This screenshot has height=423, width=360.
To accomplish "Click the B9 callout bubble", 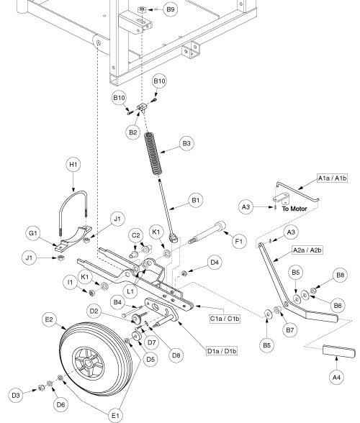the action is pos(171,9).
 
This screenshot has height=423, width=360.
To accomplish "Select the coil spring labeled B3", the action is pos(153,153).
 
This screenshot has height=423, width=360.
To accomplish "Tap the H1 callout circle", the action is pos(73,165).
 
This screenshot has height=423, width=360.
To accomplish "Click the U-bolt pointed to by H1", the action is pos(73,212).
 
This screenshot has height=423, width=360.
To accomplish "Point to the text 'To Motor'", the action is pos(294,209).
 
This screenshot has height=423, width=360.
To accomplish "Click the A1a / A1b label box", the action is pos(332,178).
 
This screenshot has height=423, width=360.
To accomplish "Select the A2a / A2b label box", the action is pos(307,250).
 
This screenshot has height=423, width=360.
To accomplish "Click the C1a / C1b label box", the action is pos(225,319).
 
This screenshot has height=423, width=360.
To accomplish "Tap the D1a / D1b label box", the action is pos(222,351).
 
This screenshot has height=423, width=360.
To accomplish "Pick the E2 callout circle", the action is pos(49,319).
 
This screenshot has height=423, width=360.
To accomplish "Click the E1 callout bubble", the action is pos(116,416).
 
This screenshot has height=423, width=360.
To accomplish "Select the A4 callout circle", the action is pos(336,377).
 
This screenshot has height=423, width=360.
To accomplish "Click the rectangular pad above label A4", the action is pos(339,351).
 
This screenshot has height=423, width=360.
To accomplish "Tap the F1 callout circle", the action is pos(239,241).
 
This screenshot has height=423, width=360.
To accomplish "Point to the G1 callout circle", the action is pos(33,233).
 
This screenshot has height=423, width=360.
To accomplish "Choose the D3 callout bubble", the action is pos(16,396).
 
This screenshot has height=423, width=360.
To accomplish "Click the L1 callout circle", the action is pos(130,291).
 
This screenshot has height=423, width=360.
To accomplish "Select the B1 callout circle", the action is pos(196,201).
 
